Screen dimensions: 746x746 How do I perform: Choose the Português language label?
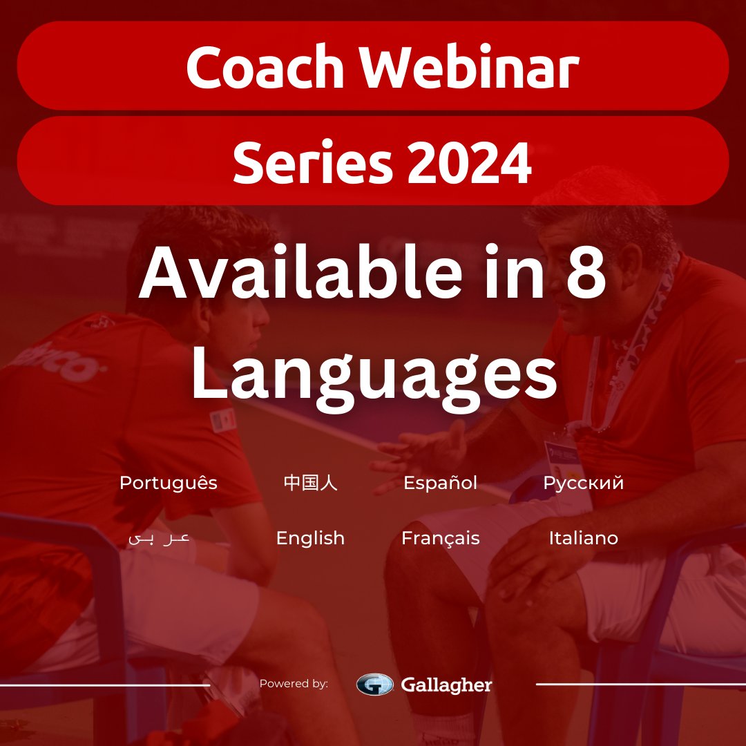coord(168,484)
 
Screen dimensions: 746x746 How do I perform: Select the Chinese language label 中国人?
coord(310,483)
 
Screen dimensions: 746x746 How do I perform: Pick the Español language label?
coord(440,483)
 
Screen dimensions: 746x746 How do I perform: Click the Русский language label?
coord(583,484)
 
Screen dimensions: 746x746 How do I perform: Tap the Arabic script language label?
coord(159,538)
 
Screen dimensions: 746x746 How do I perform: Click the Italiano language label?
coord(583,538)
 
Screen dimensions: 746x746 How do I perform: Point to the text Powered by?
coord(294,684)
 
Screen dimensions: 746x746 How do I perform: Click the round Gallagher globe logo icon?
coord(374,684)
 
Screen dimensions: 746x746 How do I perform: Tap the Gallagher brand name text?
coord(446,685)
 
